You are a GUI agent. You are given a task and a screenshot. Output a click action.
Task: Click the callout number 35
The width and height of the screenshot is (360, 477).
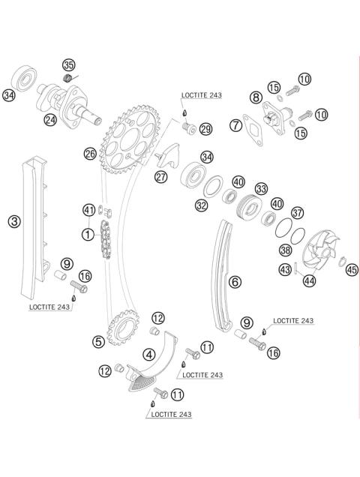pos(69,65)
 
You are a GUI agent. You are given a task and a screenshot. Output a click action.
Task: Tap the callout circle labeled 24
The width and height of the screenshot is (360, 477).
pos(51,118)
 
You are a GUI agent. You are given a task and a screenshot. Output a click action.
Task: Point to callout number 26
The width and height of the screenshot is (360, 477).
pos(90,154)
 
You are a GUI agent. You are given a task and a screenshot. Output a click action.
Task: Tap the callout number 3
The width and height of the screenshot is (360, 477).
pos(14,221)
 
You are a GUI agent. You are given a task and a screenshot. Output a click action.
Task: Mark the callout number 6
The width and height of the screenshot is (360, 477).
pos(235,282)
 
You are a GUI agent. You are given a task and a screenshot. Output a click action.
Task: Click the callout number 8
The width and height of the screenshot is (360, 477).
pos(256,97)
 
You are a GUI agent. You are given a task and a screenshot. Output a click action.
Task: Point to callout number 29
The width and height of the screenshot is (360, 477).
pos(205,129)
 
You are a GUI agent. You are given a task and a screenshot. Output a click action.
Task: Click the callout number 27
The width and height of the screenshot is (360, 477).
pos(161,177)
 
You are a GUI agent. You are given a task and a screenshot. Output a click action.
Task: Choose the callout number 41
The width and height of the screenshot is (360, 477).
pos(89,210)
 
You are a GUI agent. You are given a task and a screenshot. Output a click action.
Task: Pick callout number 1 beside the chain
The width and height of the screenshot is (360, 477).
pos(88,235)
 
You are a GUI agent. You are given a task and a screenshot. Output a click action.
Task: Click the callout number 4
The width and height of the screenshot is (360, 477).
pos(150,354)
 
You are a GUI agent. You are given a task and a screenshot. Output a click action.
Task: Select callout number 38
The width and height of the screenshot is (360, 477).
pos(285,251)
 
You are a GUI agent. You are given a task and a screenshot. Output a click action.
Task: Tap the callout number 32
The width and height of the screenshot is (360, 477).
pos(202,205)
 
